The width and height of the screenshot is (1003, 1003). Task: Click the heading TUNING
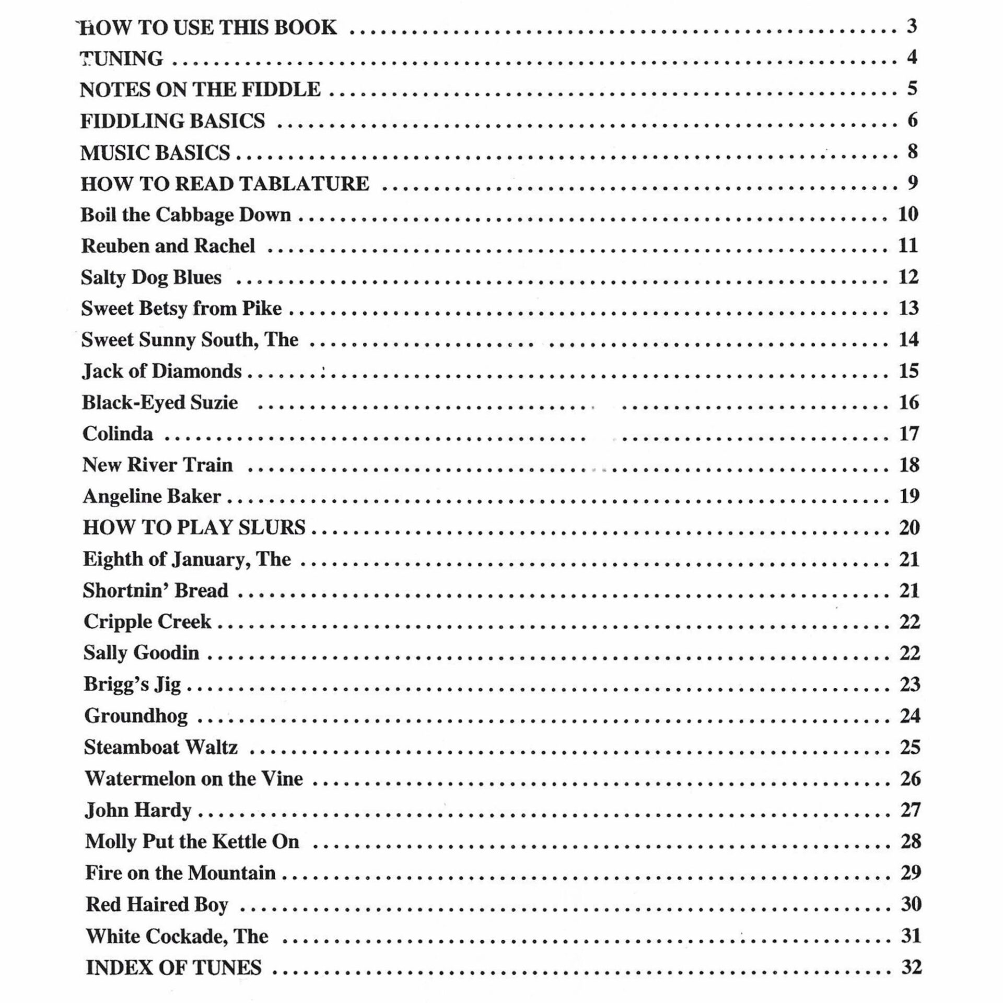[121, 59]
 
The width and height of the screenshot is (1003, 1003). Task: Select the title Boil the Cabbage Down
[185, 215]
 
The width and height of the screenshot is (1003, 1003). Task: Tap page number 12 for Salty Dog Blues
[908, 277]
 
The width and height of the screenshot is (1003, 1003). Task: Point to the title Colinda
[118, 434]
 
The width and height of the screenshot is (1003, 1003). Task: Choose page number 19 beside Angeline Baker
[909, 496]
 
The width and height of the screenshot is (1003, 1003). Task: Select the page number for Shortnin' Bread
[909, 590]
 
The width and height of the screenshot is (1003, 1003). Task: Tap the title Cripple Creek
[147, 622]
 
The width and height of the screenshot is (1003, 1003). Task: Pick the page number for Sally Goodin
[909, 653]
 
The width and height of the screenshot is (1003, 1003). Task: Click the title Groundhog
[136, 716]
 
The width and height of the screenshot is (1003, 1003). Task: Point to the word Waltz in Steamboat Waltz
[211, 747]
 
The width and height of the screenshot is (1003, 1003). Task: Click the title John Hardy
[138, 810]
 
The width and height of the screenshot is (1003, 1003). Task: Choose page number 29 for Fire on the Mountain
[911, 872]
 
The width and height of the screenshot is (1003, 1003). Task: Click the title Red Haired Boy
[157, 905]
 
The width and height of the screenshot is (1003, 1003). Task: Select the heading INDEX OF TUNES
[173, 967]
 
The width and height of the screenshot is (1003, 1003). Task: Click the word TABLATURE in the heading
[304, 184]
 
